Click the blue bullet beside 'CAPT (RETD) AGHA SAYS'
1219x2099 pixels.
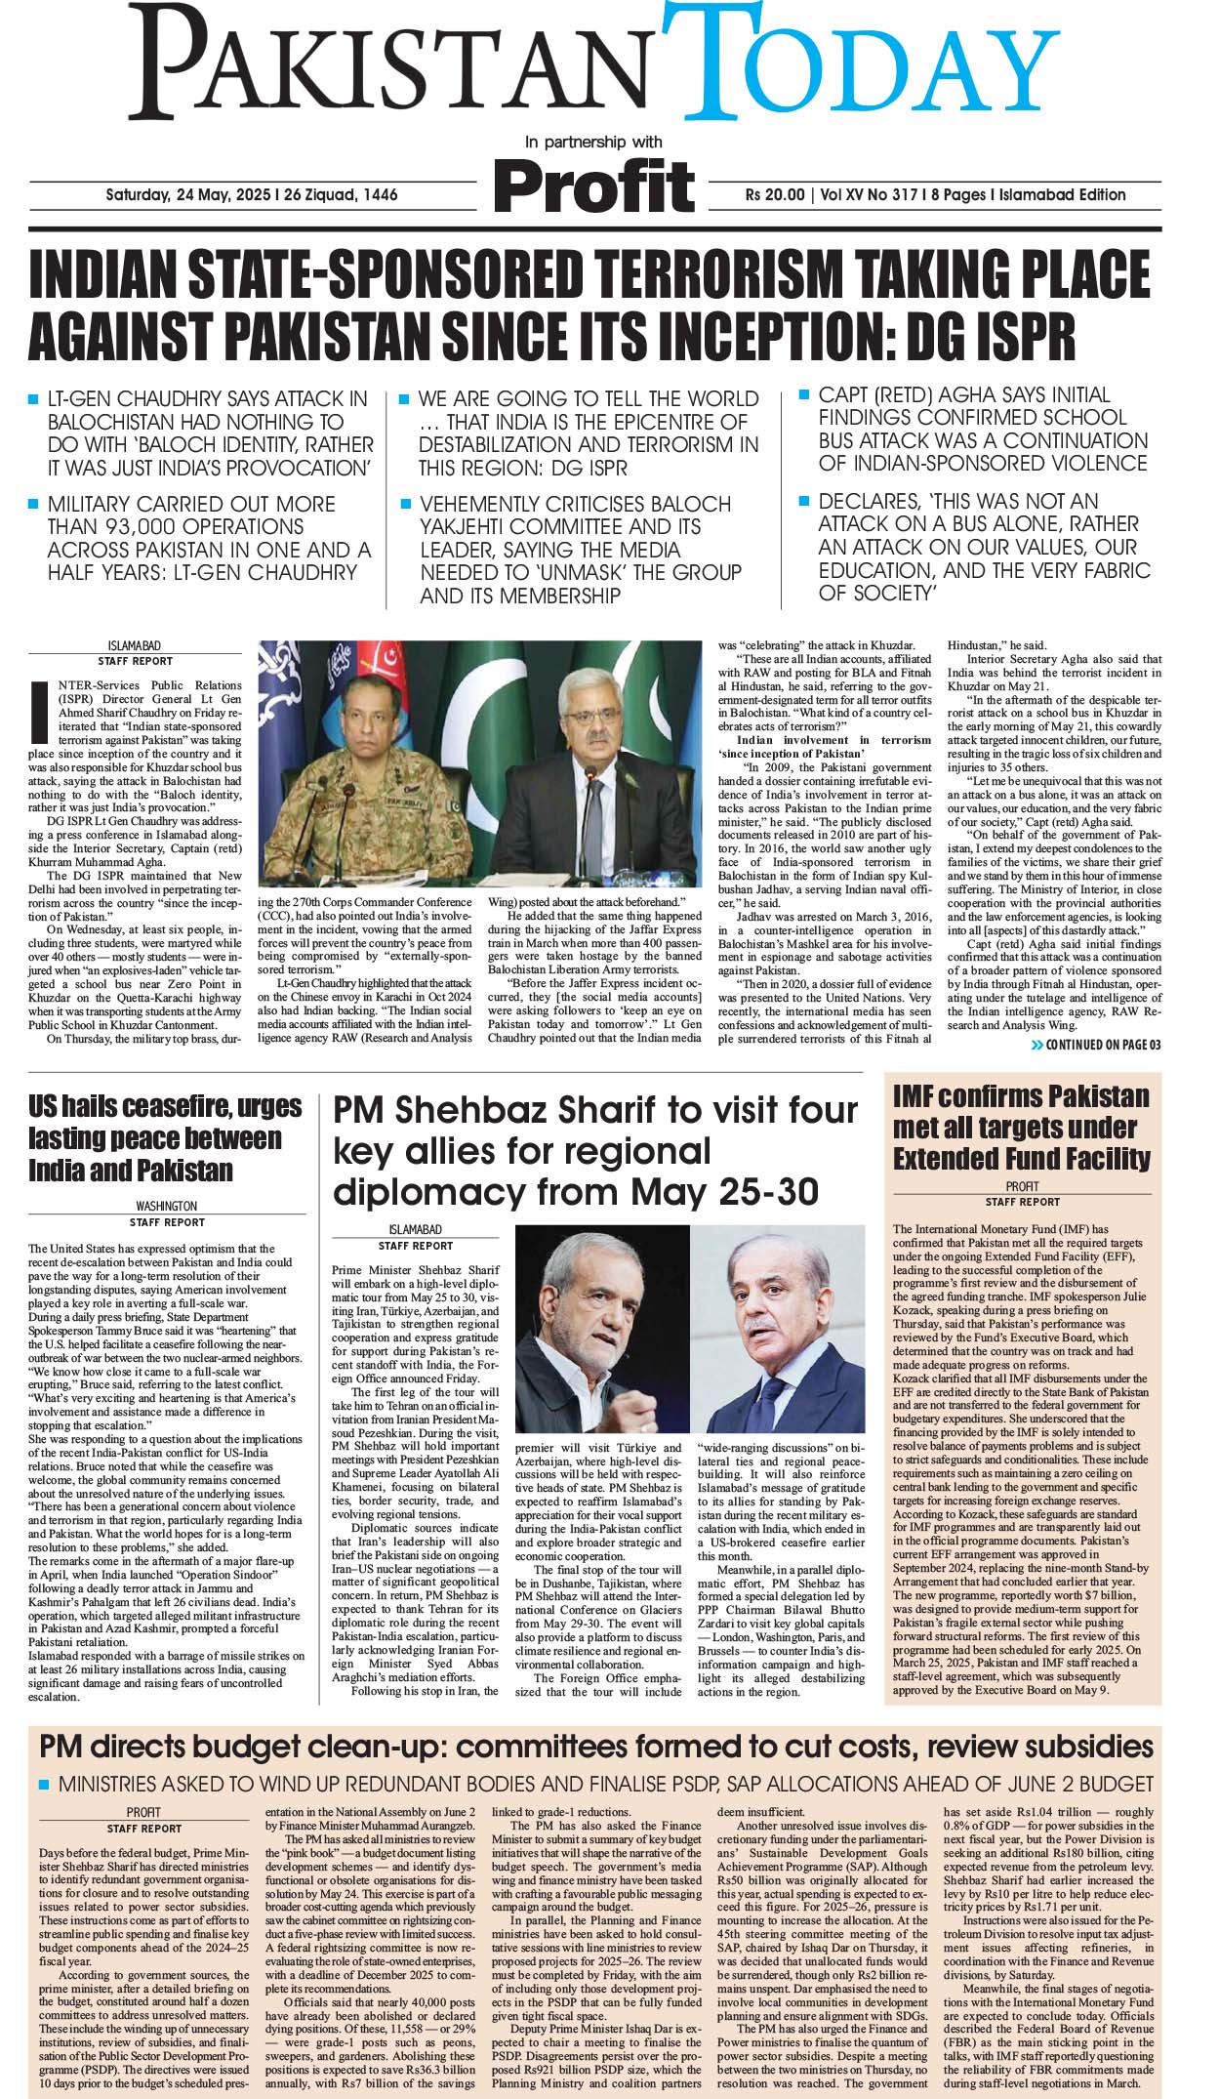coord(804,394)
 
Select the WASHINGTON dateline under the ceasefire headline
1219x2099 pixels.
coord(166,1206)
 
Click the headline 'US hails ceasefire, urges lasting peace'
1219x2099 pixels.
coord(165,1138)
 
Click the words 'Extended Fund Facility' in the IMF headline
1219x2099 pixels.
coord(1021,1159)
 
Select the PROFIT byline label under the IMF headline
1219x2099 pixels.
coord(1022,1186)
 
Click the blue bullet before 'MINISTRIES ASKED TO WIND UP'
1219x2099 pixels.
coord(43,1785)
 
